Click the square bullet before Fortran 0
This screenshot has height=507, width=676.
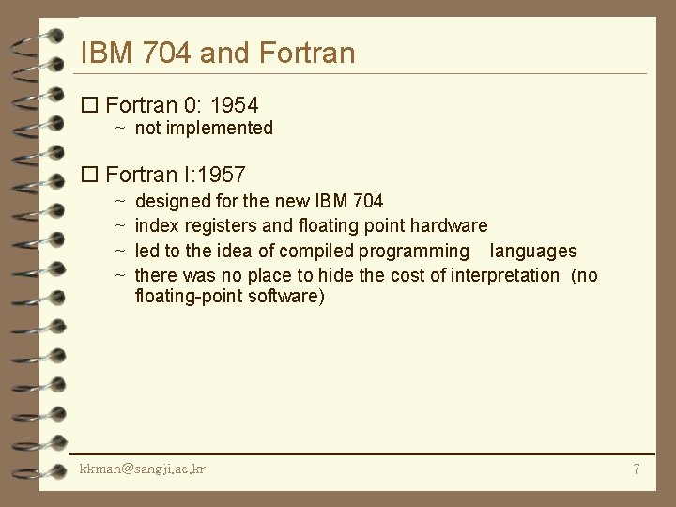pyautogui.click(x=90, y=105)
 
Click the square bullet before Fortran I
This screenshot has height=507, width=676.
pyautogui.click(x=90, y=175)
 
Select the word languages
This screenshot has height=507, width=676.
pyautogui.click(x=533, y=251)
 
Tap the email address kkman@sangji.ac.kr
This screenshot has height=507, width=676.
pyautogui.click(x=143, y=468)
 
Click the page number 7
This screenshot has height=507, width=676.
pyautogui.click(x=636, y=469)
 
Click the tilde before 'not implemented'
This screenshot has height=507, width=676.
pyautogui.click(x=120, y=129)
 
